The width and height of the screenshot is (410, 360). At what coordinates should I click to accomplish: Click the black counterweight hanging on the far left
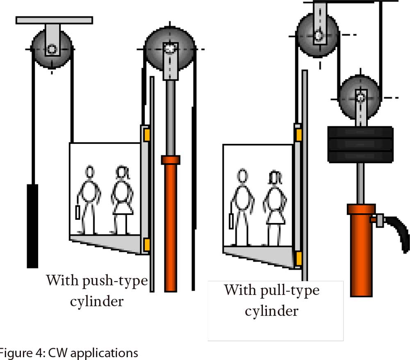[32, 226]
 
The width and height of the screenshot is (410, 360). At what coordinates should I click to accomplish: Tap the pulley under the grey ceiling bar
[52, 49]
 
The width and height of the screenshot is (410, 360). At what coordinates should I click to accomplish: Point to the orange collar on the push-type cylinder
[170, 160]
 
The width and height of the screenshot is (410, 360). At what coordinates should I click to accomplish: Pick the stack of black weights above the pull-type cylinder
[360, 144]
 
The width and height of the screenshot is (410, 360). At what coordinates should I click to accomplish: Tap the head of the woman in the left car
[122, 172]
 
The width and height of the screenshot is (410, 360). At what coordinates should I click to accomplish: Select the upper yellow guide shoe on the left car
[146, 135]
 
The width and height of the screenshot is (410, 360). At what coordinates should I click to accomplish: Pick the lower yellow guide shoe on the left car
[146, 245]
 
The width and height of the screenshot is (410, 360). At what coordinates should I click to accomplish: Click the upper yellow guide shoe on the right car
[299, 134]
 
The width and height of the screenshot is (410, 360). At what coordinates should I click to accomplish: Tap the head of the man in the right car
[242, 176]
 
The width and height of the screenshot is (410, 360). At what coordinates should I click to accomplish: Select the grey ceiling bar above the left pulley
[54, 20]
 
